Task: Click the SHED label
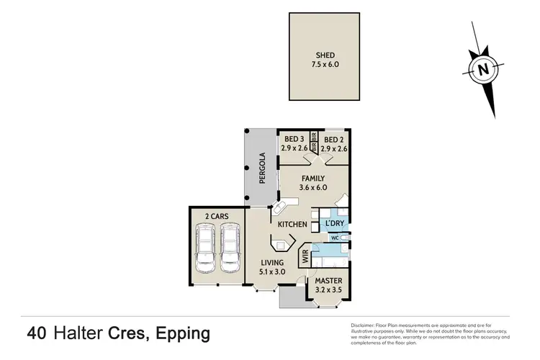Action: coord(326,54)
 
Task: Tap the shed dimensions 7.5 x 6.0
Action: coord(326,64)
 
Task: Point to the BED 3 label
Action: coord(294,139)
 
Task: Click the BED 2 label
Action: coord(333,139)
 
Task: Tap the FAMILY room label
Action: coord(312,179)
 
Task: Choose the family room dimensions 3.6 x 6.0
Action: coord(312,188)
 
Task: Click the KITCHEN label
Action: coord(293,225)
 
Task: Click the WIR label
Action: coord(305,256)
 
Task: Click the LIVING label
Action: coord(272,263)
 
